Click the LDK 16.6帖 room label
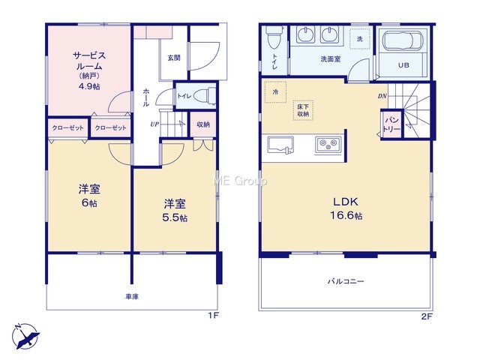tap(346, 208)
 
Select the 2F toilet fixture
tap(273, 37)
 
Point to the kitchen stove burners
tap(328, 144)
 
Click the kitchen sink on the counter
tap(280, 145)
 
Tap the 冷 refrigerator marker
tap(275, 91)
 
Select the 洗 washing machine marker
tap(360, 39)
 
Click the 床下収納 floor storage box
tap(303, 110)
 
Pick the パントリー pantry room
tap(391, 124)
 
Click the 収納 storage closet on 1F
tap(203, 124)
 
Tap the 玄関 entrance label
tap(173, 58)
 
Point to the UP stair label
tap(154, 124)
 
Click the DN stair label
tap(382, 96)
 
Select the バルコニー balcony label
tap(346, 281)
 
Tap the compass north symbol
tap(26, 336)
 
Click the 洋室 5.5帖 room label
tap(175, 210)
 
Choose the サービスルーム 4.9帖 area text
tap(89, 71)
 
